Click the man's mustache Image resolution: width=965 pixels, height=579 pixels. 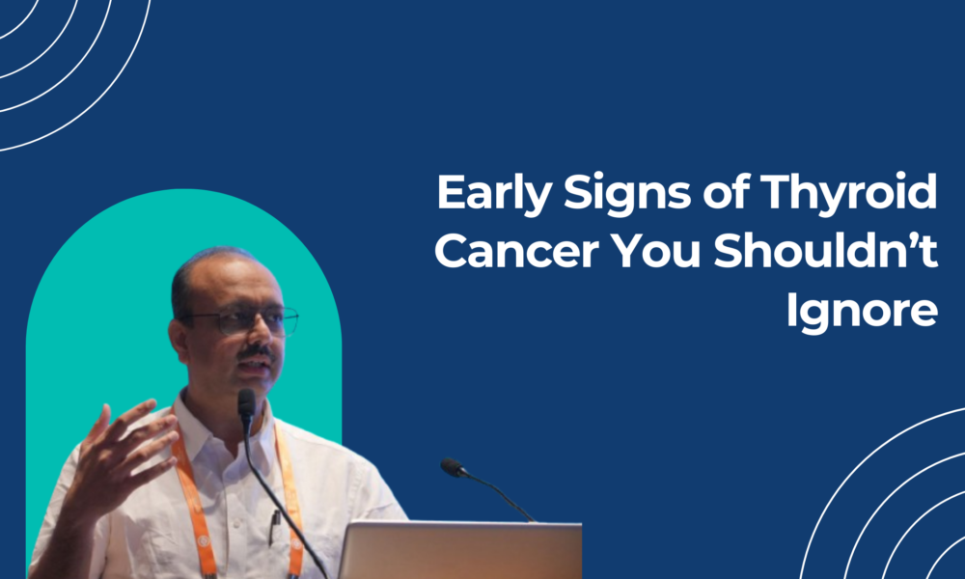click(258, 350)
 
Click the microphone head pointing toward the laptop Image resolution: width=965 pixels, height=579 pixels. click(453, 468)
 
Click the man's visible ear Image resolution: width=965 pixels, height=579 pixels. click(179, 336)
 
